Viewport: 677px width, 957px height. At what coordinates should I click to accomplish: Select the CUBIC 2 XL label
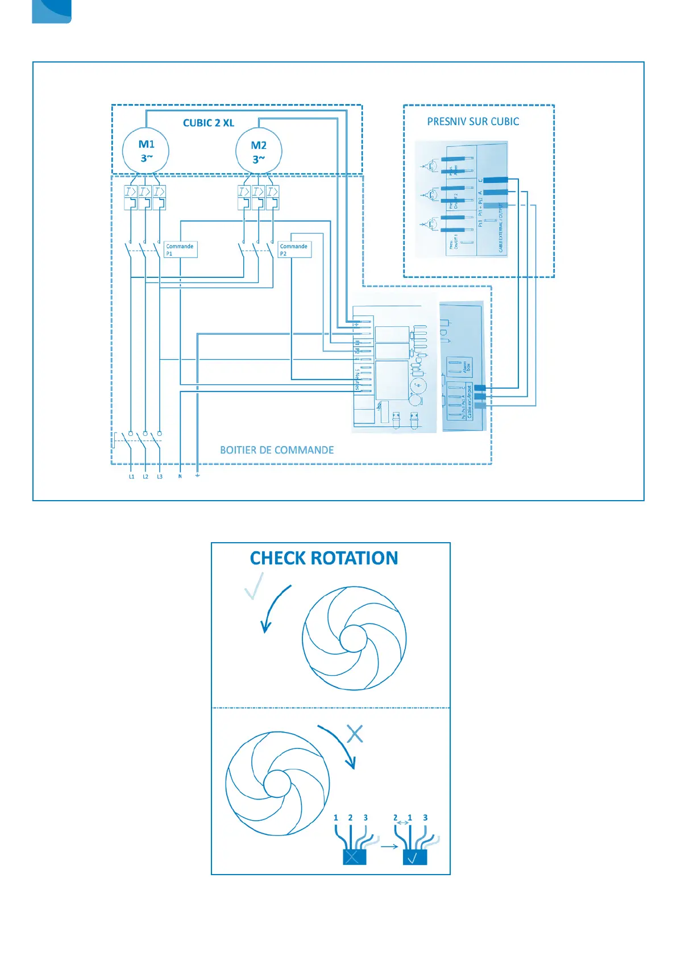(x=208, y=123)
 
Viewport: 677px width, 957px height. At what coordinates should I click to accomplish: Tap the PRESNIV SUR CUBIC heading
(x=473, y=122)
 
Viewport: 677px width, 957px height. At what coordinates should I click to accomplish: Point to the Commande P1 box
(x=180, y=249)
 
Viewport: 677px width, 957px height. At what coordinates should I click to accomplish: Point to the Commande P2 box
(x=294, y=249)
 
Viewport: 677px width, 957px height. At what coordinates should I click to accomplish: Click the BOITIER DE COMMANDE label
(x=277, y=450)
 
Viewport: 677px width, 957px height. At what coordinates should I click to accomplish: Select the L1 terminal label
(x=131, y=477)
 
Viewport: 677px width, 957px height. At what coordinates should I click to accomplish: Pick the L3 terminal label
(x=160, y=477)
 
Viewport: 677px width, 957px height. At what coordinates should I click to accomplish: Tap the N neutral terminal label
(x=180, y=477)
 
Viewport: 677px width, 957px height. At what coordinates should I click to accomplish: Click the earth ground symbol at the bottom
(x=197, y=475)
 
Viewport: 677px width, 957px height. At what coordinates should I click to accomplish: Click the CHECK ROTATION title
(x=324, y=559)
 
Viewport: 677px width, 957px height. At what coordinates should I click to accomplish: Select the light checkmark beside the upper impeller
(x=254, y=587)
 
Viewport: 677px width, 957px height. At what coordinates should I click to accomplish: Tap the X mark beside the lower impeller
(x=355, y=734)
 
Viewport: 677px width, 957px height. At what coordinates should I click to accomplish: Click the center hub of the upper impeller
(x=354, y=639)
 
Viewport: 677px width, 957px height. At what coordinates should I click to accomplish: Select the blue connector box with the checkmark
(x=414, y=857)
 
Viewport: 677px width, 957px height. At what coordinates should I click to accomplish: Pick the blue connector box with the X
(x=354, y=857)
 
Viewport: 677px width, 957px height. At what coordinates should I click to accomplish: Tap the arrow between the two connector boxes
(x=389, y=847)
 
